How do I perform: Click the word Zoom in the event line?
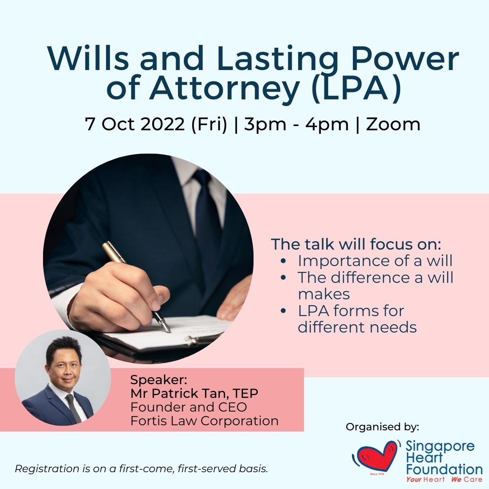click(393, 124)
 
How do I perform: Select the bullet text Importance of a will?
click(375, 261)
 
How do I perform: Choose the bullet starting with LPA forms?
click(351, 311)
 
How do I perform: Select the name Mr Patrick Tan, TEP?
click(194, 394)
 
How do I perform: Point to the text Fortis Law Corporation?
click(204, 421)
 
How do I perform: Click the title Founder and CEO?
click(189, 407)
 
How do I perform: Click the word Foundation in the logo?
click(444, 469)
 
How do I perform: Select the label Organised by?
click(382, 427)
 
